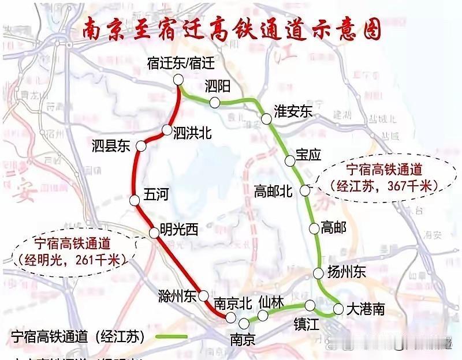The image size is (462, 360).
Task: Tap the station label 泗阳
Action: (x=218, y=87)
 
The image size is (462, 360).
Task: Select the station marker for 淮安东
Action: (x=266, y=119)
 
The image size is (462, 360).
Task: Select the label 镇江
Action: (x=305, y=324)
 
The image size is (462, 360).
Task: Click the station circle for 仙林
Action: (x=263, y=315)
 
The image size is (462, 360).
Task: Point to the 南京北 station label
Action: (x=230, y=303)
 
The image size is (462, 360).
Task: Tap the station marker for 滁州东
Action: (x=203, y=296)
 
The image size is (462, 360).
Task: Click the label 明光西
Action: (x=179, y=230)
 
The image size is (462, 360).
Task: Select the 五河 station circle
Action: (x=135, y=201)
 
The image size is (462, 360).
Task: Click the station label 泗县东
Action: (x=111, y=146)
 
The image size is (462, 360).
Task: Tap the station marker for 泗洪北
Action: (x=166, y=130)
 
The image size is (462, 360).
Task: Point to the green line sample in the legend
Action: (x=171, y=336)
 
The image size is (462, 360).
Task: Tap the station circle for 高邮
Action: (x=314, y=228)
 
